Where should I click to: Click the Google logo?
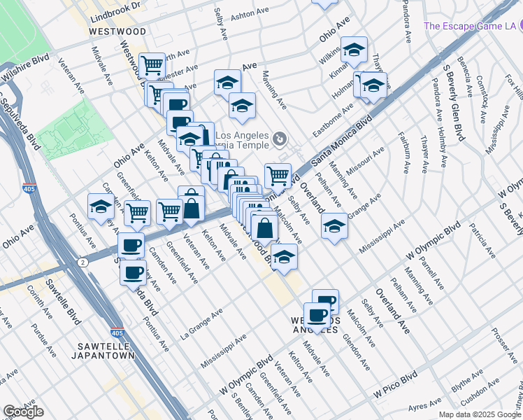tap(23, 412)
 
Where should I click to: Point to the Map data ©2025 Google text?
tap(479, 414)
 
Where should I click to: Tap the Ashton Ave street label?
tap(249, 14)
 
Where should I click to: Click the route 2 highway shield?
tap(83, 262)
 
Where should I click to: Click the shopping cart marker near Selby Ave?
tap(278, 175)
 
